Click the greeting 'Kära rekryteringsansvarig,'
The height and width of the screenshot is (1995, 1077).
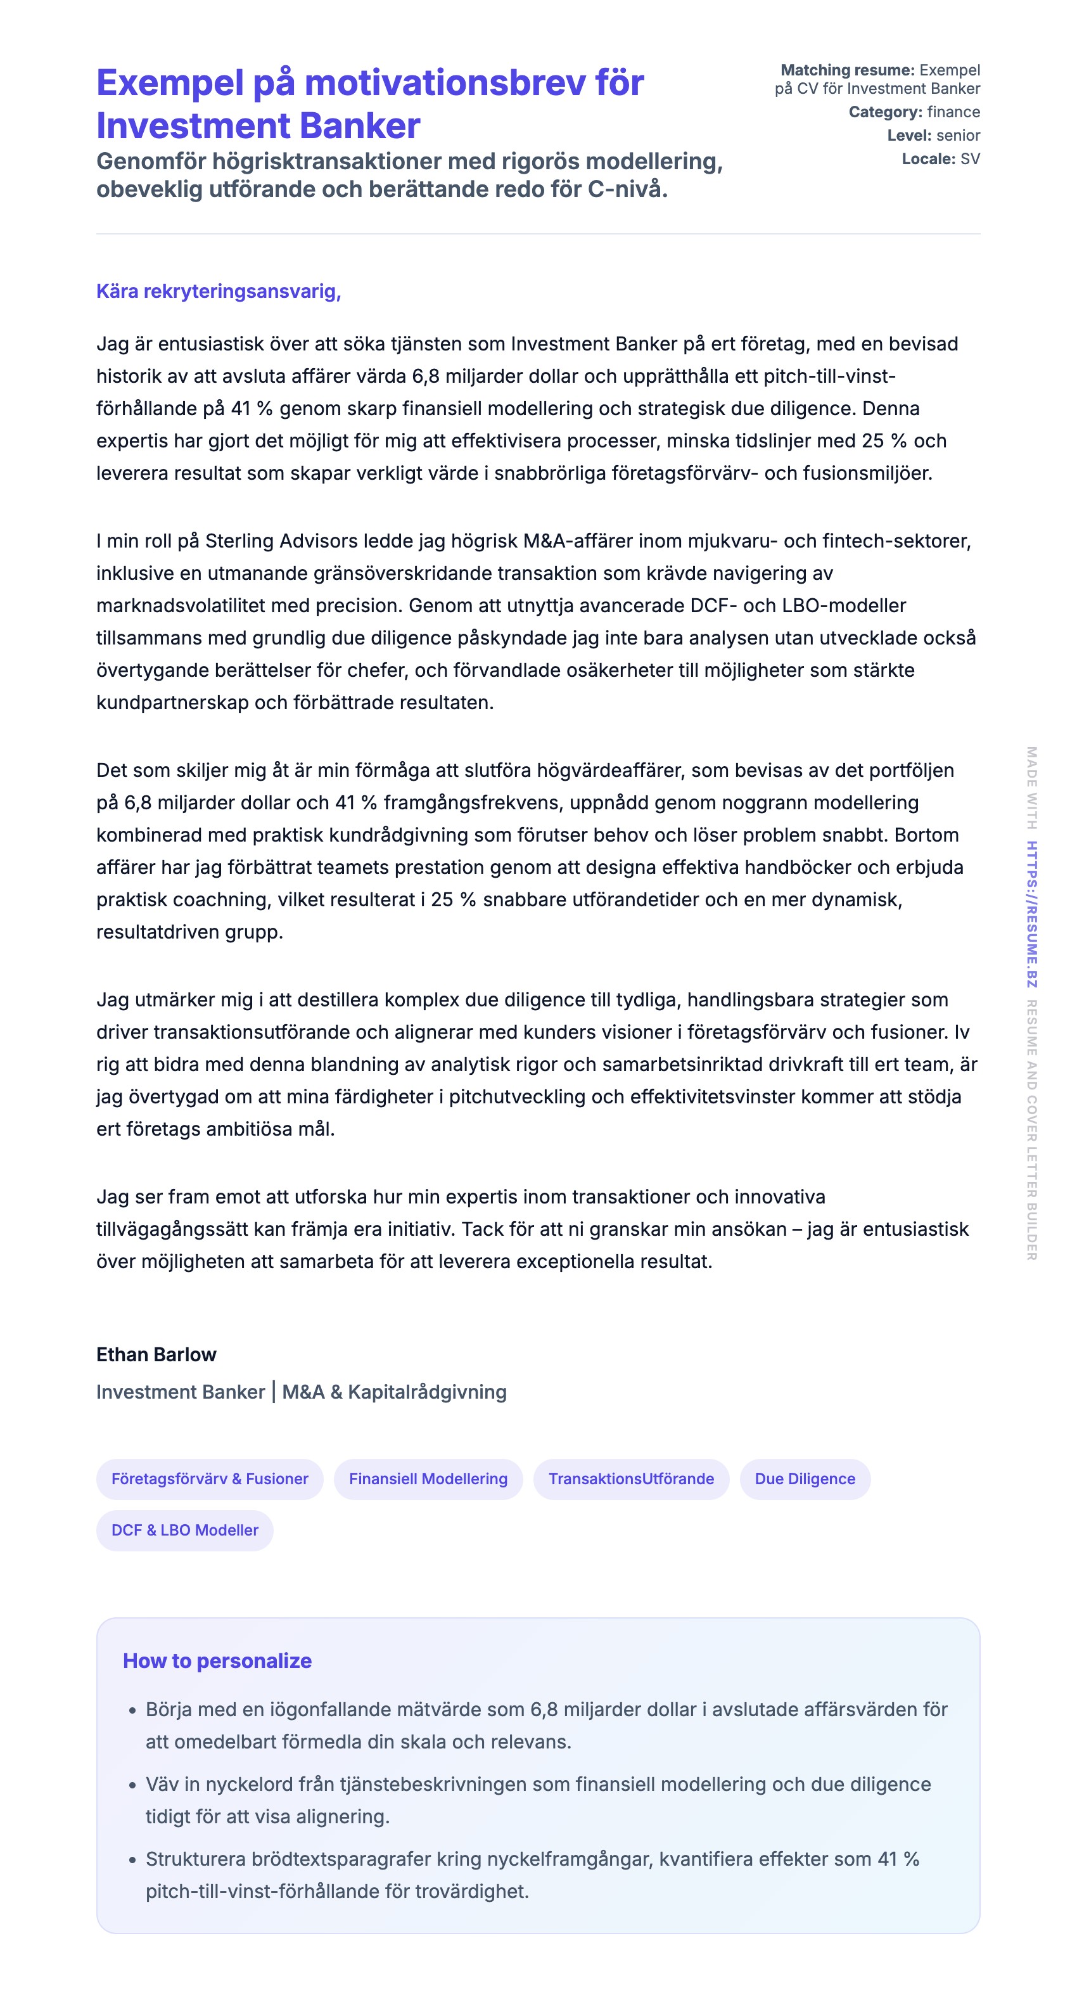click(x=219, y=291)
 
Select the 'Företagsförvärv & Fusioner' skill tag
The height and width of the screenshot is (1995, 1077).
click(x=209, y=1479)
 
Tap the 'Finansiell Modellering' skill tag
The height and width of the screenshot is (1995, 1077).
click(x=428, y=1479)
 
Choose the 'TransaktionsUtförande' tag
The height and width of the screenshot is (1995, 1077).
click(x=631, y=1479)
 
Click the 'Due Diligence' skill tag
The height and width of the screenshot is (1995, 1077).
click(x=805, y=1479)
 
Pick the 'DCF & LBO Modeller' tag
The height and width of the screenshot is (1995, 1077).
click(x=184, y=1530)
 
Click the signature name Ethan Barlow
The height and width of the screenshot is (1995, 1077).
click(x=156, y=1354)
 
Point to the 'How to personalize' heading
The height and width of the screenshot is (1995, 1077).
click(x=217, y=1660)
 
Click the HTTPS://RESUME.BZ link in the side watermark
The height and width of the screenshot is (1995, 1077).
click(x=1031, y=914)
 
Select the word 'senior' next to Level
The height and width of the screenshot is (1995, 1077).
click(x=958, y=136)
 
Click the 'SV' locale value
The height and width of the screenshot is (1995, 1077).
click(x=969, y=159)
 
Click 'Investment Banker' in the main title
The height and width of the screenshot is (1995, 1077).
click(x=258, y=125)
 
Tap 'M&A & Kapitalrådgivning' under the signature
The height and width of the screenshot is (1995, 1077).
click(x=394, y=1392)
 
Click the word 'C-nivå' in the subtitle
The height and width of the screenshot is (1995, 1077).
click(x=627, y=189)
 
